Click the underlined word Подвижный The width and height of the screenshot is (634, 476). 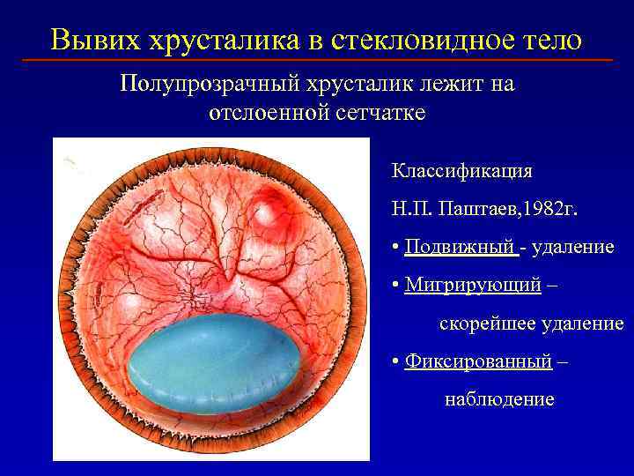tap(461, 247)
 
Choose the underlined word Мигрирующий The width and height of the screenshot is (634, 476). tap(472, 286)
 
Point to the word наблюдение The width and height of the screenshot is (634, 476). tap(498, 399)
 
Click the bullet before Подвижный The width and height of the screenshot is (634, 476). tap(396, 248)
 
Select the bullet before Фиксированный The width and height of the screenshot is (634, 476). tap(396, 362)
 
